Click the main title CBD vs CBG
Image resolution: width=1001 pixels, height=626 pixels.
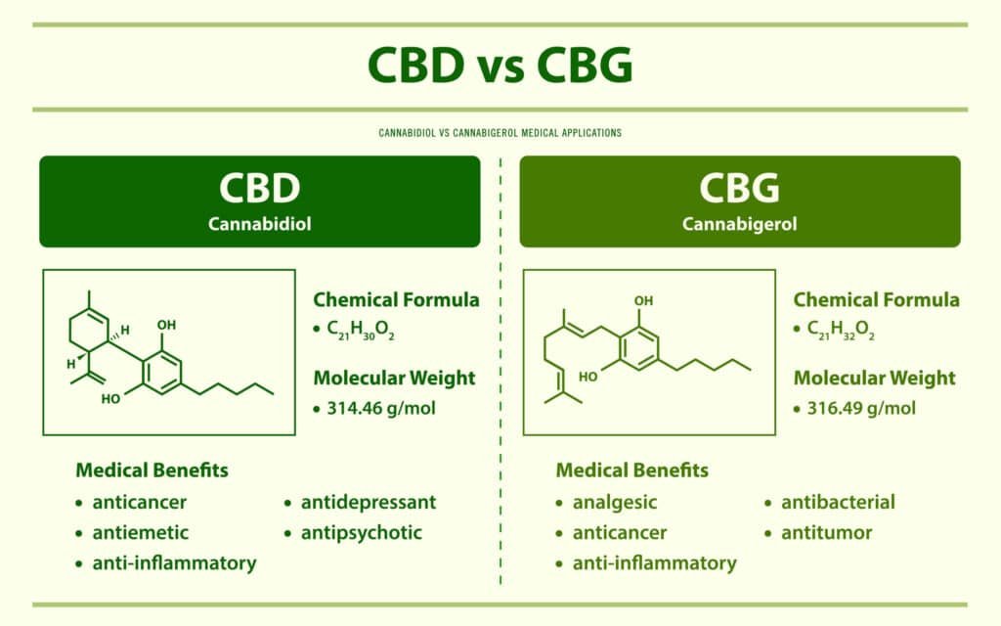(500, 67)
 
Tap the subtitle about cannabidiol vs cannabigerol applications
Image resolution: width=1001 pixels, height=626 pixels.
(500, 131)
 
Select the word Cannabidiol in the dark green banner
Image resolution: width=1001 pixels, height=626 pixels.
(259, 224)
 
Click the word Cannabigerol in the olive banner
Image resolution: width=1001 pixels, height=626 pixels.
(739, 224)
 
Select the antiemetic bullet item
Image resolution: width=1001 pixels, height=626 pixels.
(141, 533)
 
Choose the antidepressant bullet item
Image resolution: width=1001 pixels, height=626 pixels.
(370, 503)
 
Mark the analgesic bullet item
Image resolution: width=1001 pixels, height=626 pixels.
(615, 503)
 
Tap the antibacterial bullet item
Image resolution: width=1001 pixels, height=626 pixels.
(838, 503)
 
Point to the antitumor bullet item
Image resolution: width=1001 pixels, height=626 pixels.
(826, 533)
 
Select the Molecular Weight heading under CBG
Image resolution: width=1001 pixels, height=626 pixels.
(874, 379)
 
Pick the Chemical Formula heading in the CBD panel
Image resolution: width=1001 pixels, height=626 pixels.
(396, 300)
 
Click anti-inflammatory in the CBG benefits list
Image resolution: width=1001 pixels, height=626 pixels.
(654, 563)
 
